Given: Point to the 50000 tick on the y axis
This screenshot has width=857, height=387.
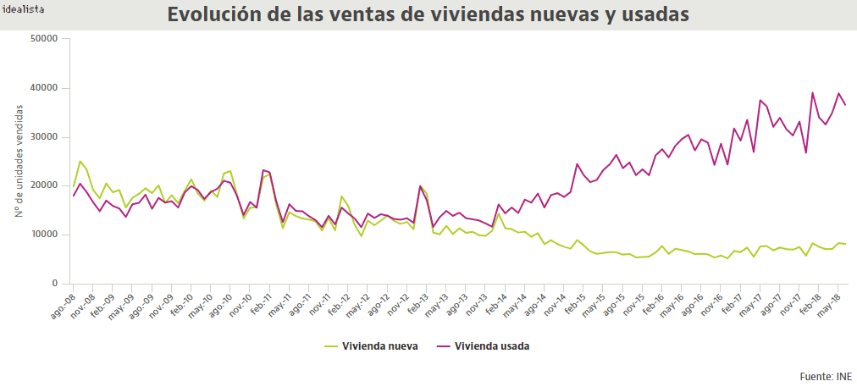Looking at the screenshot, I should pyautogui.click(x=42, y=39).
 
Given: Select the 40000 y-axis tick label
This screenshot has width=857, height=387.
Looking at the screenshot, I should pyautogui.click(x=42, y=88).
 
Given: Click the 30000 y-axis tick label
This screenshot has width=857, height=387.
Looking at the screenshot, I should pyautogui.click(x=42, y=137).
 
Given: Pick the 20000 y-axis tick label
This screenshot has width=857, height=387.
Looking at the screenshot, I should pyautogui.click(x=42, y=185).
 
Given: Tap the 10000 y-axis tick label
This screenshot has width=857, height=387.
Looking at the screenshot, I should pyautogui.click(x=42, y=235).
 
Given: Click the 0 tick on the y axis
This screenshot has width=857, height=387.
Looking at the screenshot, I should pyautogui.click(x=53, y=284).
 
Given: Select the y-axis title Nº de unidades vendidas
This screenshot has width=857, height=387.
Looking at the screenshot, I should pyautogui.click(x=19, y=161).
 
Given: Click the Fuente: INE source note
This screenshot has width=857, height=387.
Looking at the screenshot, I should pyautogui.click(x=826, y=377).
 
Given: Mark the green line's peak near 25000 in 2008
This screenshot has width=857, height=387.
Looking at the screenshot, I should pyautogui.click(x=80, y=161).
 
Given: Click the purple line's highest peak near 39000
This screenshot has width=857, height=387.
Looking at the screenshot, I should pyautogui.click(x=813, y=93).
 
